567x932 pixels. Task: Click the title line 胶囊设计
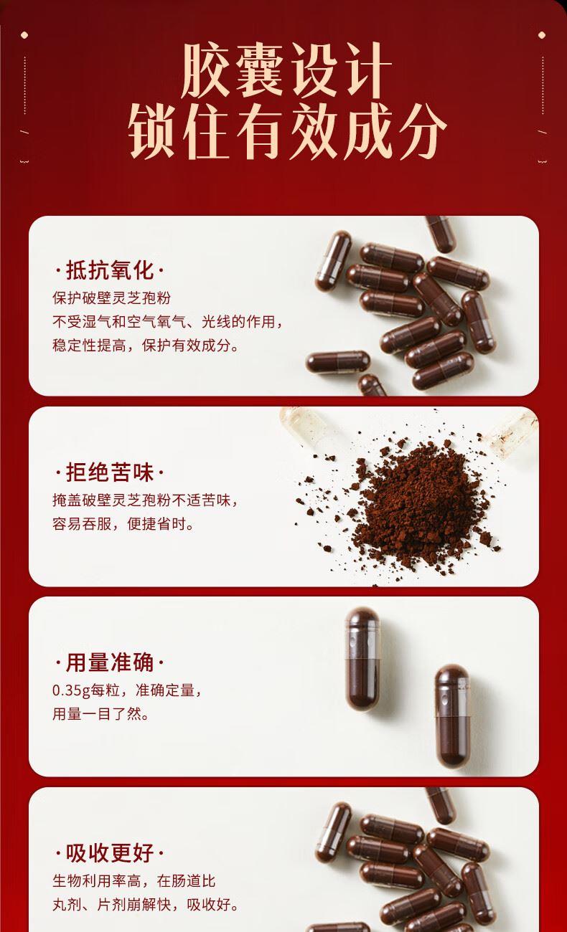[x=286, y=70]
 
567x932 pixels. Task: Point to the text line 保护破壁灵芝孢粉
[x=112, y=298]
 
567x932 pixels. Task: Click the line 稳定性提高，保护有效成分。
[x=146, y=346]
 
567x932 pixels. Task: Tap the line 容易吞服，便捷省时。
[x=123, y=524]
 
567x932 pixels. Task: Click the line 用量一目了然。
[x=100, y=714]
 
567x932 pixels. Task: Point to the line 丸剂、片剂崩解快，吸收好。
[x=146, y=905]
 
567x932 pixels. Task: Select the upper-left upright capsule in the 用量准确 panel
[x=363, y=659]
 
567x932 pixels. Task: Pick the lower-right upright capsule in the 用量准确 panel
[x=452, y=715]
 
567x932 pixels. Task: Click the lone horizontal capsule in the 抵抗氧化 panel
[x=338, y=362]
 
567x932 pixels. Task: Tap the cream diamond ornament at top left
[x=24, y=35]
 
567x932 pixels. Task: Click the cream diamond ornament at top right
[x=542, y=35]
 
